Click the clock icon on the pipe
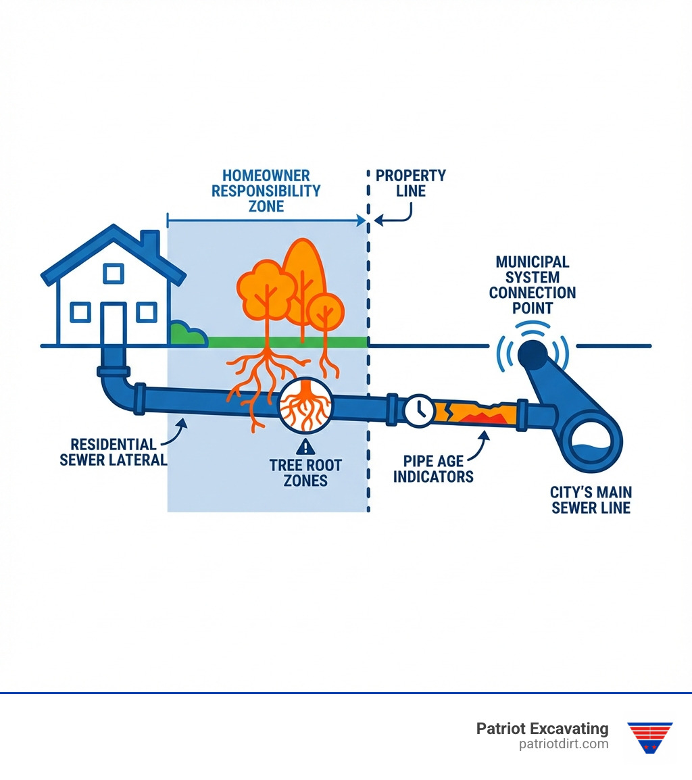click(419, 410)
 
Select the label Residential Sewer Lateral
click(113, 452)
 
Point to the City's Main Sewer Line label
click(591, 499)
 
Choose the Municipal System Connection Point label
click(533, 285)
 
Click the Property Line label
click(411, 183)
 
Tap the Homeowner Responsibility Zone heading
click(266, 191)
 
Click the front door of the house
click(114, 323)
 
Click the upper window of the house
click(114, 274)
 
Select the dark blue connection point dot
click(533, 351)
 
